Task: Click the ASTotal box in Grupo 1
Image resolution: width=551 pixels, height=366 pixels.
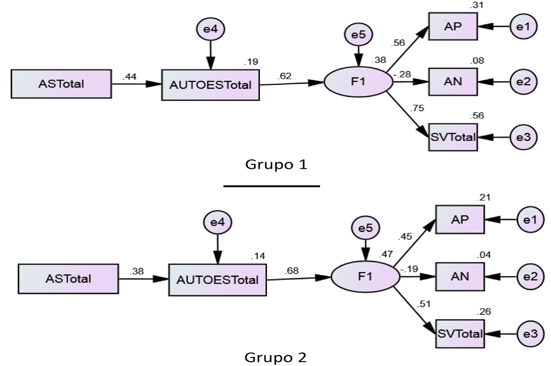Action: pos(61,84)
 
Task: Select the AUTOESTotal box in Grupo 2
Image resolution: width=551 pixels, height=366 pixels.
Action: pos(217,279)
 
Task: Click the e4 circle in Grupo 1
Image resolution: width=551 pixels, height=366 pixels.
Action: pos(210,29)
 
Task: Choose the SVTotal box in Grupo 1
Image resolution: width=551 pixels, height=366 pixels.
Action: pos(453,137)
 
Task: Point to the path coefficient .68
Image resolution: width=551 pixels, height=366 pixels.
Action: pos(291,271)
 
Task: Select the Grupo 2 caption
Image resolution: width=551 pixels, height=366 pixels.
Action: pos(277,357)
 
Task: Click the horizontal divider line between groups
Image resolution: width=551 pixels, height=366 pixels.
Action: pos(272,186)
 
